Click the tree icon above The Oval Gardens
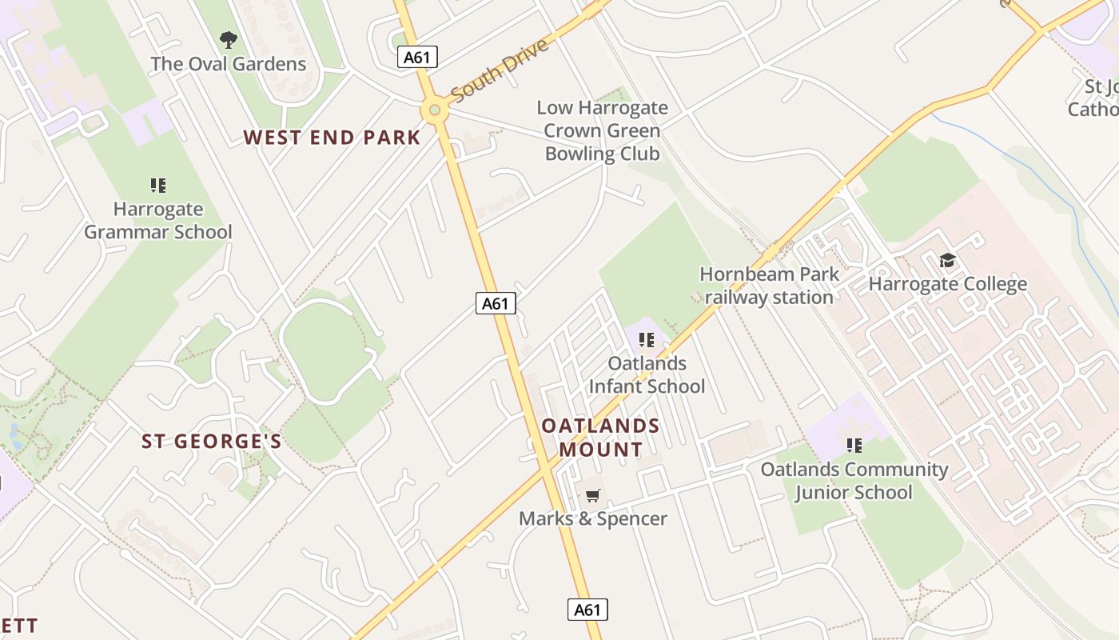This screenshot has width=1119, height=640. pos(229,39)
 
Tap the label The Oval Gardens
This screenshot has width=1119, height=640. pos(229,64)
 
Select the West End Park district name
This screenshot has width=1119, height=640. pos(332,138)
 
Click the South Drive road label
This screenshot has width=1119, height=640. pos(500,70)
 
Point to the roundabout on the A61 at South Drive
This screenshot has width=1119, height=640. pos(434,110)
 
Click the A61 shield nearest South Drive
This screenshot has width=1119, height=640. pos(417,57)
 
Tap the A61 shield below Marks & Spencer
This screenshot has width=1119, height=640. pos(587,610)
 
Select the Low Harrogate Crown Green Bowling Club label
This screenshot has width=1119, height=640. pos(602,130)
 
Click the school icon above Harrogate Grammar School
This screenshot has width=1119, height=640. pos(158,186)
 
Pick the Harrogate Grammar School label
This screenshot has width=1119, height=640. pos(158,221)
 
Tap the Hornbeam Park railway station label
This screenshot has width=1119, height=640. pos(769,286)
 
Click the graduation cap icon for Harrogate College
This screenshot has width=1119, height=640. pos(947,260)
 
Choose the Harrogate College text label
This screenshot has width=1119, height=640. pos(947,284)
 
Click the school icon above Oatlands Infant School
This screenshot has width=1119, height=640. pos(647,340)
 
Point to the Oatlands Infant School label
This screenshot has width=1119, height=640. pos(647,374)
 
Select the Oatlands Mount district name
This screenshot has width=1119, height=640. pos(601,438)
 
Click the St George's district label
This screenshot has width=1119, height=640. pos(212,442)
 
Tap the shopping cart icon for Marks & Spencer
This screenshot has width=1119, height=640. pos(592,496)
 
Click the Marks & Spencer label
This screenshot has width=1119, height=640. pos(592,518)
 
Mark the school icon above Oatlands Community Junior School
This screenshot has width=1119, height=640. pos(854,445)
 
